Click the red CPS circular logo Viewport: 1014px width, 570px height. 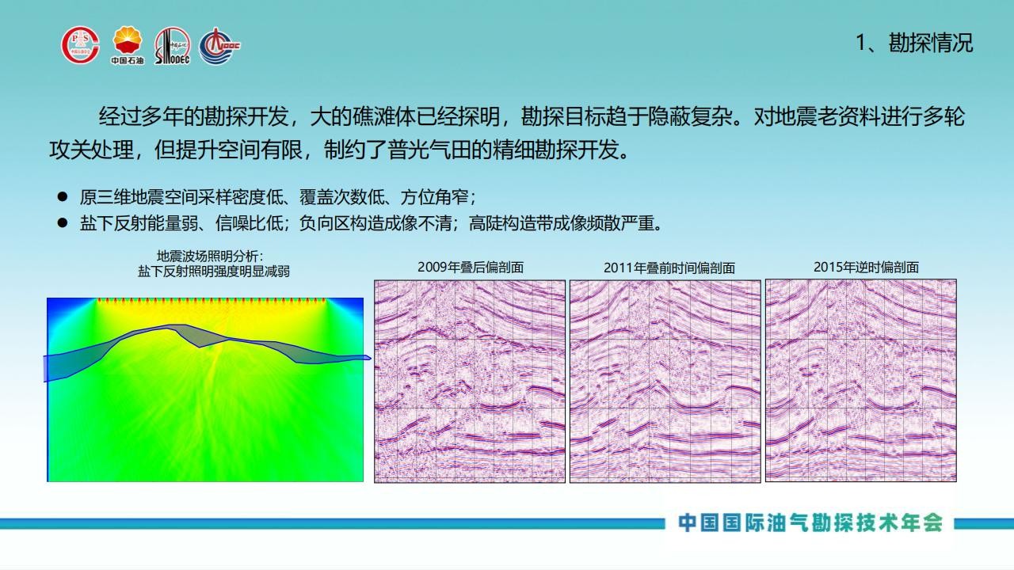point(80,45)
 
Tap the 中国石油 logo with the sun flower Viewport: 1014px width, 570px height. point(128,45)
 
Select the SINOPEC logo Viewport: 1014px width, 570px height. point(172,46)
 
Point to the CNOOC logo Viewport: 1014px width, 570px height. point(219,46)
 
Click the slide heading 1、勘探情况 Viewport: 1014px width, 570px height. point(914,43)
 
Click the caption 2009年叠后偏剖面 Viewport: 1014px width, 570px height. point(471,268)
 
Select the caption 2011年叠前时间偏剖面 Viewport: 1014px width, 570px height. point(669,268)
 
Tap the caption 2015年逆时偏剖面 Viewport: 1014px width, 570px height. point(866,268)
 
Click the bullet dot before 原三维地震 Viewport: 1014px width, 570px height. point(63,197)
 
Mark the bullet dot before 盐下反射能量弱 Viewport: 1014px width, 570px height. point(63,222)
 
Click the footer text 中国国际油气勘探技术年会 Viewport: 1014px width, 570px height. point(810,523)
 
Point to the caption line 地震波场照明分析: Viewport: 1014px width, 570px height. point(210,256)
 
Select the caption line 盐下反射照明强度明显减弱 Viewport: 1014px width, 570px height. point(214,272)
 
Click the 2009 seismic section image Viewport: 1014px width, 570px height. point(470,382)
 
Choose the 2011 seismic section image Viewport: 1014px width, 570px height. point(665,382)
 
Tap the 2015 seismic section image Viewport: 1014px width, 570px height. point(861,381)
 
